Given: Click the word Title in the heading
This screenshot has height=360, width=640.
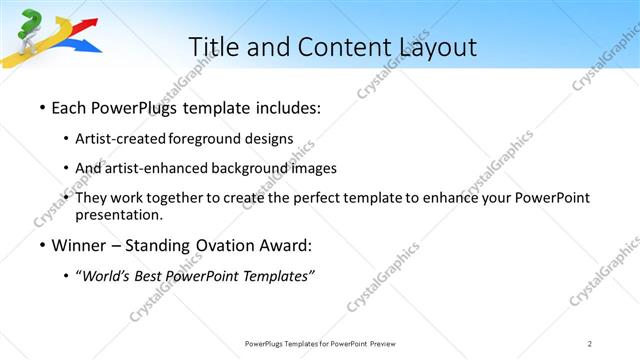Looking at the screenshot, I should [x=214, y=46].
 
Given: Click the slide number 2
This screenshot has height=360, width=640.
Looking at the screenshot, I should [x=590, y=343].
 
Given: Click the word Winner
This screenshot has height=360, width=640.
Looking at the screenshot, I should [x=80, y=245].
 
